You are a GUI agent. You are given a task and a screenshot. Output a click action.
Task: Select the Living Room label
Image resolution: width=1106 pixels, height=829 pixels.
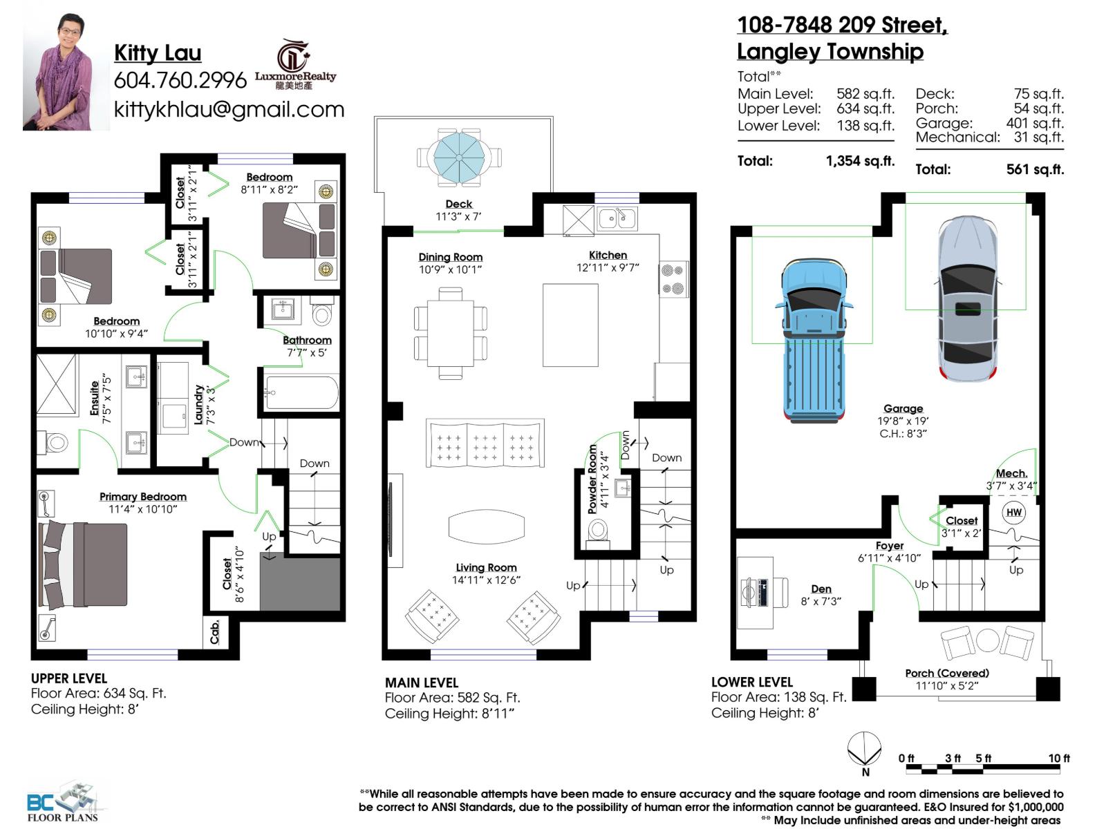486,567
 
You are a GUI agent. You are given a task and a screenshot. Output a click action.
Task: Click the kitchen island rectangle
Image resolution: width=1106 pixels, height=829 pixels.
570,325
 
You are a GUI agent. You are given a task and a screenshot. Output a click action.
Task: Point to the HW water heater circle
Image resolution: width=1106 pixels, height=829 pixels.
1013,512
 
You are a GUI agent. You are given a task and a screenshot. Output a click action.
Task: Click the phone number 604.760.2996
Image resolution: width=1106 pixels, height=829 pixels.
180,80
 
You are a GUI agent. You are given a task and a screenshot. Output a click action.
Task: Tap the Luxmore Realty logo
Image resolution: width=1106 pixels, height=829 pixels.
295,66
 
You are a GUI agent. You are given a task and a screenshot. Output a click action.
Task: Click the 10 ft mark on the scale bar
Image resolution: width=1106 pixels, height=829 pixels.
1058,759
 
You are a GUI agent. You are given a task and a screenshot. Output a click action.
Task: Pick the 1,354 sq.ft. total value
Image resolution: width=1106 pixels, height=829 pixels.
860,161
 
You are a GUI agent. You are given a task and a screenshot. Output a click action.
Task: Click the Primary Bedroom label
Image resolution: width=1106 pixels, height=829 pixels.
142,497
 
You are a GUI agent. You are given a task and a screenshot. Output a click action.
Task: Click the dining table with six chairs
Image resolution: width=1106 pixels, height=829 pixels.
450,333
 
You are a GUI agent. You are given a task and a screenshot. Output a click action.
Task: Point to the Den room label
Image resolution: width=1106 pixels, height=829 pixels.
821,589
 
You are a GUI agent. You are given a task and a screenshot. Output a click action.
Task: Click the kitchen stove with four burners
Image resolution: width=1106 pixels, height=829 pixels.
673,279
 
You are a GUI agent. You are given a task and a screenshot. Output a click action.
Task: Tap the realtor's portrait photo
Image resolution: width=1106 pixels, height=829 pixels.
66,71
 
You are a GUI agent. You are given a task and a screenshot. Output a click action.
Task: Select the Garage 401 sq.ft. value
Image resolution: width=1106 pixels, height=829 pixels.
1034,123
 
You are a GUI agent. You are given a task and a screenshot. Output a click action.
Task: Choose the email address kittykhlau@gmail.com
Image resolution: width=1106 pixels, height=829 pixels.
229,109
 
